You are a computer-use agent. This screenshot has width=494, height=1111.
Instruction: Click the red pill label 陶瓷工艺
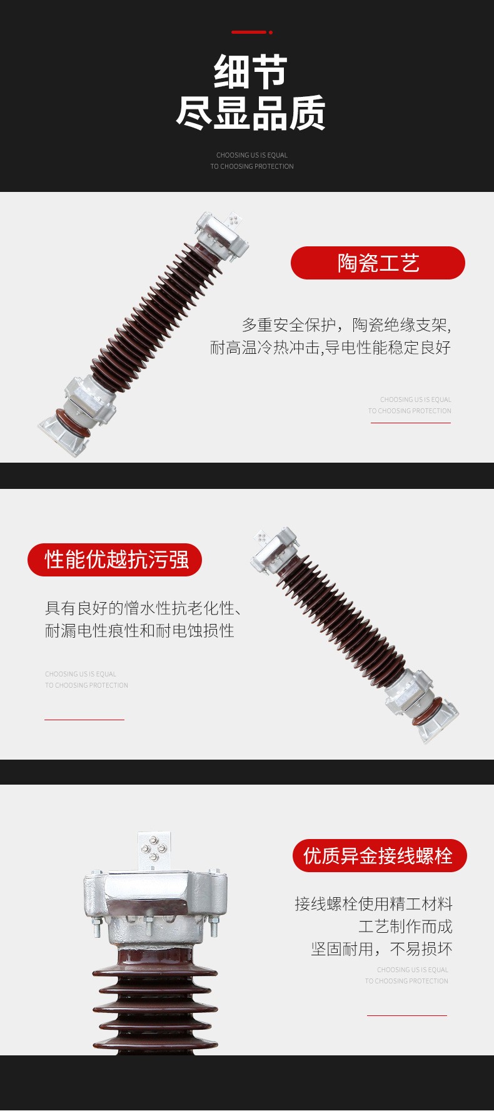378,263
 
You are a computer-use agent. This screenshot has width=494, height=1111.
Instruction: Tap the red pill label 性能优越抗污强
115,560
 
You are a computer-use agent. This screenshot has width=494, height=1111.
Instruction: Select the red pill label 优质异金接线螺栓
380,855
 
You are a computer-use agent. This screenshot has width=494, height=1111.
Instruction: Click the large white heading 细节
251,73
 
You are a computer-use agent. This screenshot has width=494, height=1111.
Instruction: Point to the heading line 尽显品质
251,113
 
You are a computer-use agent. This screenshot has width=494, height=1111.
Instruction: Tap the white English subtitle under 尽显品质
252,161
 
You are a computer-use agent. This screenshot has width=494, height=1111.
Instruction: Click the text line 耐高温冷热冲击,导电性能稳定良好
330,348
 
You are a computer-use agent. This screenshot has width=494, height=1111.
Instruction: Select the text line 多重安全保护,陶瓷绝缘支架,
346,325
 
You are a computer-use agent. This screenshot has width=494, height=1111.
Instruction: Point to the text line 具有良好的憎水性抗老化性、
144,608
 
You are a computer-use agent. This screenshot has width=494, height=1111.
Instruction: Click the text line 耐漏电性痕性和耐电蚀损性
139,630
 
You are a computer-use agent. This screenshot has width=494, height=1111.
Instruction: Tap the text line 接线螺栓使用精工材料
374,904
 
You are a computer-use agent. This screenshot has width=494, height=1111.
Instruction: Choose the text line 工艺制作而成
405,927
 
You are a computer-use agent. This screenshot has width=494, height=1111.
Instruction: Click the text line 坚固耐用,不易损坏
381,949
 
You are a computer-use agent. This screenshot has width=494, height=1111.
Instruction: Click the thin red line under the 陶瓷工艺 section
411,423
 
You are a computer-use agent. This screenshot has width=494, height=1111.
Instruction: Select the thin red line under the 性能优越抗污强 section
84,720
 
